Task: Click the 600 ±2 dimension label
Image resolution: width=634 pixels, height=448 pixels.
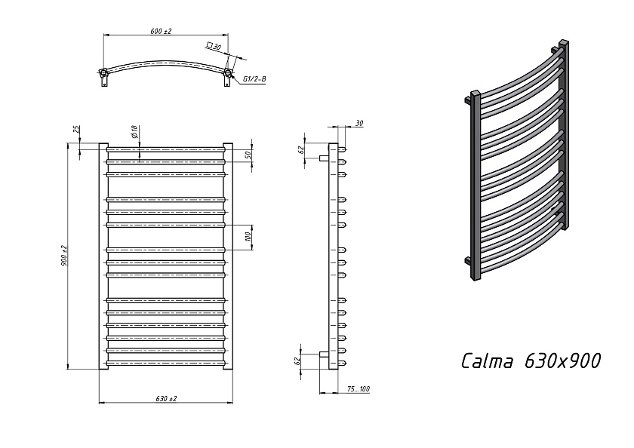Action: pos(161,31)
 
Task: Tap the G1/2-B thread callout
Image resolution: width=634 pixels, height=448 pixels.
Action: pos(255,79)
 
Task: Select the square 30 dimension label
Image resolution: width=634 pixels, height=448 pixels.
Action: pos(214,46)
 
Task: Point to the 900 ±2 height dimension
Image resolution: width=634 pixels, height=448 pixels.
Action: pos(64,256)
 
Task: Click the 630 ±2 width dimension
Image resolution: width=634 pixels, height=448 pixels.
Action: pos(166,398)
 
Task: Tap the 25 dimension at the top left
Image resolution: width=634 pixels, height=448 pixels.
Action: pos(76,130)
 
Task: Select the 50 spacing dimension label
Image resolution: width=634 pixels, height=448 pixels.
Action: pos(248,155)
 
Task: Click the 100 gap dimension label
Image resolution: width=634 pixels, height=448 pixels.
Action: pos(248,237)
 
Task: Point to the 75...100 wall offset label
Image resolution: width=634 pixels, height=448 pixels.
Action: pos(359,389)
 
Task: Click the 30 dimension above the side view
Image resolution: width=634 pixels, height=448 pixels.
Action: pos(359,123)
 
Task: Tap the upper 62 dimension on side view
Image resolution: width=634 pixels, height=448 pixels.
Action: pos(301,149)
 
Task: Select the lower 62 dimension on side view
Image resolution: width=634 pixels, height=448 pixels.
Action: pos(297,361)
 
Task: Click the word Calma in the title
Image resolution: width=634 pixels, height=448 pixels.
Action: pos(487,361)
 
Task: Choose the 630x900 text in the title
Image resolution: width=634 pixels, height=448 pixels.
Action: pos(562,361)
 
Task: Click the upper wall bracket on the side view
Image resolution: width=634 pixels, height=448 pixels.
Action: pos(324,158)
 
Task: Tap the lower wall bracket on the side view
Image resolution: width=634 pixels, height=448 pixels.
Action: pos(324,354)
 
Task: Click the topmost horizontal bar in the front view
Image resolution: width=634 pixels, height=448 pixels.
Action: pos(166,149)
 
